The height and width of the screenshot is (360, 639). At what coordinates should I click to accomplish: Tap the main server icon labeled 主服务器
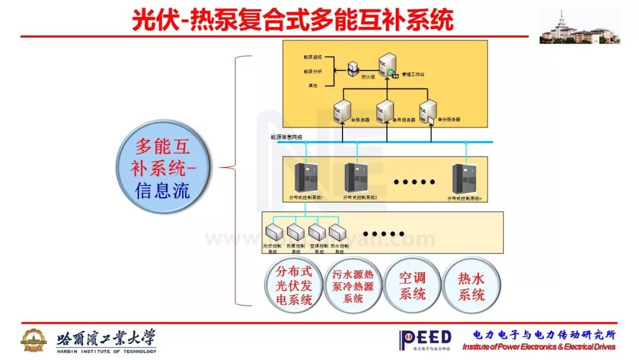click(343, 111)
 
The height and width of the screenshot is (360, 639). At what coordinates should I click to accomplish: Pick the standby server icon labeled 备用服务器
click(385, 111)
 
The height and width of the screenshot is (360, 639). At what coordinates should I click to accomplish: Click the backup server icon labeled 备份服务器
click(427, 112)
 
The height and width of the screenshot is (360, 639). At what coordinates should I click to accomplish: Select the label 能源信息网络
click(287, 137)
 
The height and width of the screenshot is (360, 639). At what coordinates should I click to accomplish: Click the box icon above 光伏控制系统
click(275, 232)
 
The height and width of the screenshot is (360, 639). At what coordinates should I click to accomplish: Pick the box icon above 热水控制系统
click(337, 232)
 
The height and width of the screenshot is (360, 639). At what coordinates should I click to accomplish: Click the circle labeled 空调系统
click(412, 286)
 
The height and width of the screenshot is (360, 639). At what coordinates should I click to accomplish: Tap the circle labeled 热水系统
click(472, 286)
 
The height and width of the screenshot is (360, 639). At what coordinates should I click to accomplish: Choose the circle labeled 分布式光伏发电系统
click(294, 286)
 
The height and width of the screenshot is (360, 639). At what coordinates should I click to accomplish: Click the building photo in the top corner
click(580, 27)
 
